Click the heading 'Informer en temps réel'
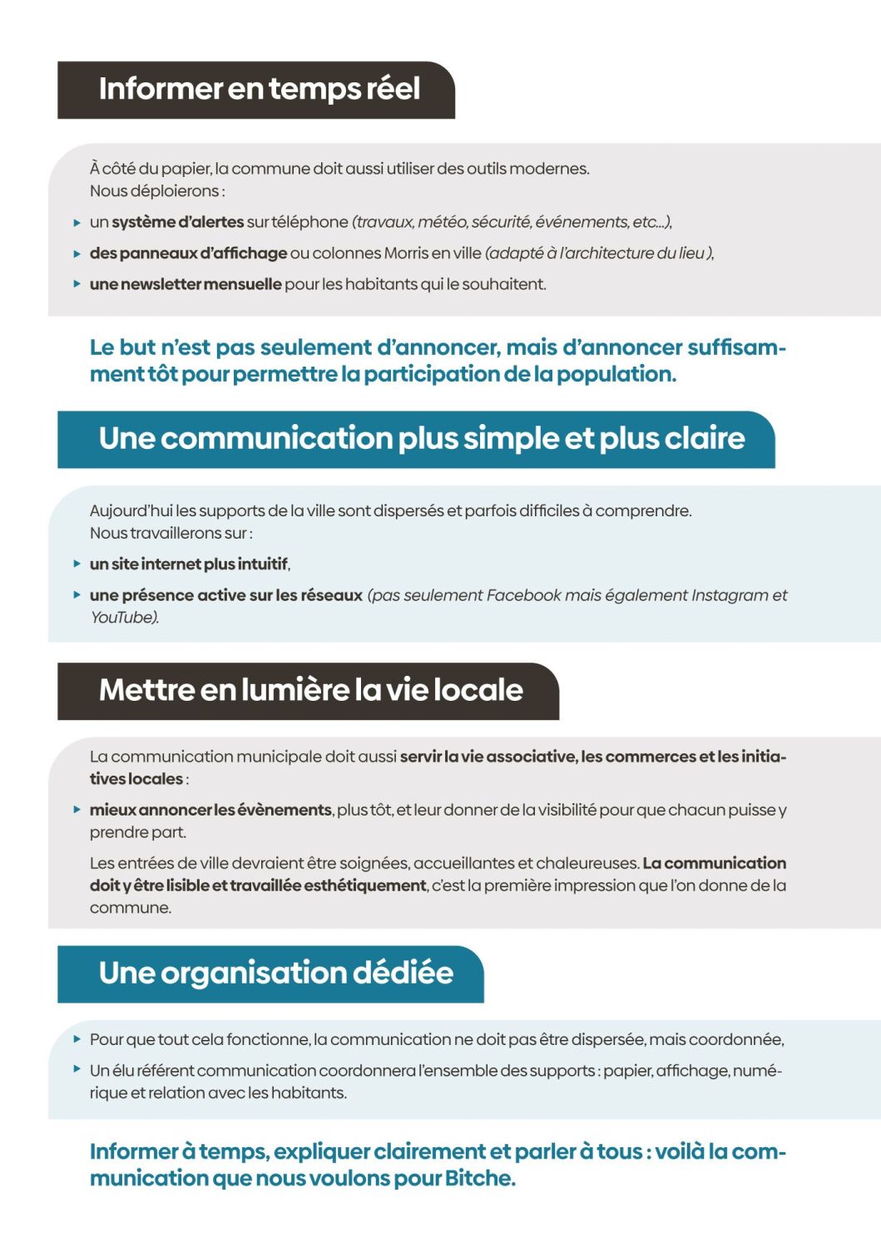259,89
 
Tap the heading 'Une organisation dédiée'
275,973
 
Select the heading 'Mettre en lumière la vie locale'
310,690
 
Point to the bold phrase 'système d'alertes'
177,222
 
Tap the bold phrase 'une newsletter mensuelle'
186,284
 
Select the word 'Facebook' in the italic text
523,595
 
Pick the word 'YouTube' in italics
122,618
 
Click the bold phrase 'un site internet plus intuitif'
189,564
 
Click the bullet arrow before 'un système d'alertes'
77,223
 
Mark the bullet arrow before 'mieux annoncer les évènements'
77,810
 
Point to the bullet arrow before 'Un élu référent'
77,1070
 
